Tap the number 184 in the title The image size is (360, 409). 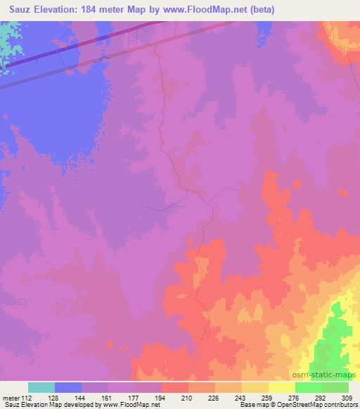[98, 10]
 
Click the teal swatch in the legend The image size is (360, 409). [41, 387]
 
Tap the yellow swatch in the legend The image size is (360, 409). [282, 387]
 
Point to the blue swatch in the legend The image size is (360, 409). [68, 387]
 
